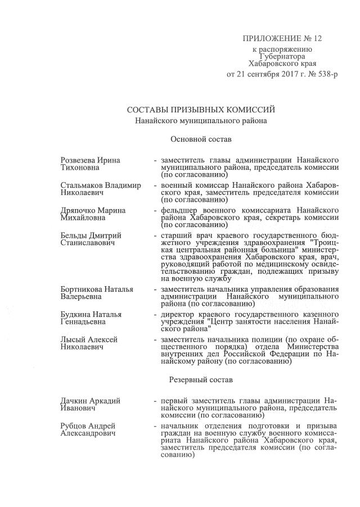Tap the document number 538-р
(325, 74)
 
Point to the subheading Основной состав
(201, 138)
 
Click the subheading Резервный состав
(201, 379)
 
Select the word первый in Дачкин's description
(174, 400)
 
